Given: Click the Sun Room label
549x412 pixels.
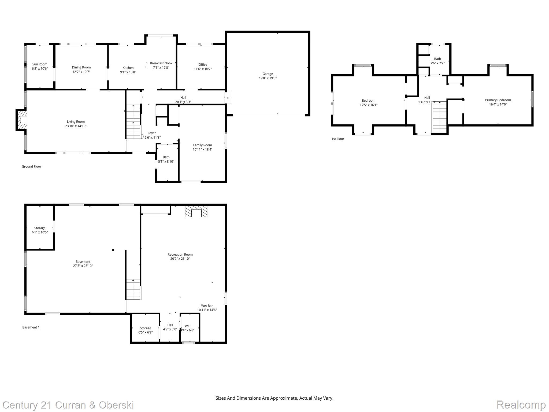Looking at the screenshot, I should click(x=40, y=64).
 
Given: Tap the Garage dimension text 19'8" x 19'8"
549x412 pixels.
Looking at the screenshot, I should click(x=268, y=78).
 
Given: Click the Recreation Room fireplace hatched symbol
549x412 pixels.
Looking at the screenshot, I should click(x=196, y=211).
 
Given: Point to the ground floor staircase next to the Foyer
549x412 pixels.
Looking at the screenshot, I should click(x=133, y=122).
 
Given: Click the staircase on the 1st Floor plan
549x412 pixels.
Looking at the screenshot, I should click(x=440, y=117).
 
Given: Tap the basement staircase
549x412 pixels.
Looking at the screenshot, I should click(x=133, y=289).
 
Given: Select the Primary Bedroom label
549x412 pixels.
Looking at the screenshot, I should click(x=498, y=100).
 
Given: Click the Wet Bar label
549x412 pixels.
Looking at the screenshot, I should click(x=207, y=306).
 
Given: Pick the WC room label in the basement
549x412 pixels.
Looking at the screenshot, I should click(x=187, y=326).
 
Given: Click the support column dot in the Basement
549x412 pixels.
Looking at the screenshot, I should click(x=113, y=250).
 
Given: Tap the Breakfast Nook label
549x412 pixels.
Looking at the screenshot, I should click(x=161, y=63).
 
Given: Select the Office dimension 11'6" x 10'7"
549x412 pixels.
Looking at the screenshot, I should click(x=203, y=69).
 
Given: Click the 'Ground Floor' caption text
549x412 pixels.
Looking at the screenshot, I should click(x=31, y=167).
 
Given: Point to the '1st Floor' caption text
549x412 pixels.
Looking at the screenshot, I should click(x=338, y=139).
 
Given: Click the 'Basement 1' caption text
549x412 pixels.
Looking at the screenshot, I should click(x=31, y=327).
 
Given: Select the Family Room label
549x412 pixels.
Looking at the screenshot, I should click(x=202, y=145).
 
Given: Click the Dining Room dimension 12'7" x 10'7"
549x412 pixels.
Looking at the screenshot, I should click(x=81, y=72).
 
